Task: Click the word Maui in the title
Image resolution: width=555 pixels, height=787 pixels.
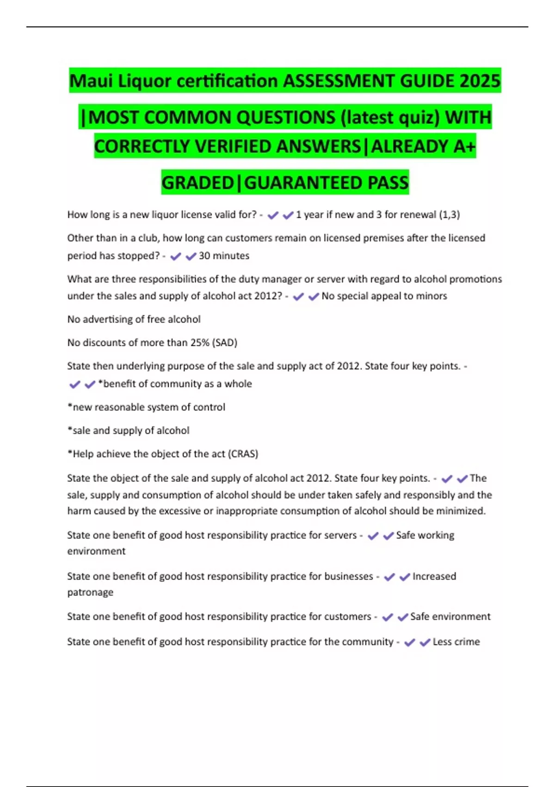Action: coord(91,81)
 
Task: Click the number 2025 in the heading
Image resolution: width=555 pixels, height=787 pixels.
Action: coord(480,81)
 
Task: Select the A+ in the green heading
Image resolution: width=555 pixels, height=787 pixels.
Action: coord(464,146)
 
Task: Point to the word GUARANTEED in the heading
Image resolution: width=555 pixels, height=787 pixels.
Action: coord(303,182)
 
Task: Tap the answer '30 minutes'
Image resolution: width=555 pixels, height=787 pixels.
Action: coord(224,256)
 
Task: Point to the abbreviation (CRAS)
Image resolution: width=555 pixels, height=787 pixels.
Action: coord(243,454)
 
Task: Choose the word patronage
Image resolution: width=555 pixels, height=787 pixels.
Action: coord(90,593)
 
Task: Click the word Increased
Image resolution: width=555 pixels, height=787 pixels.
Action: coord(434,576)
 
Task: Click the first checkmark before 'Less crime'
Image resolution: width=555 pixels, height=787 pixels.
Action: coord(409,642)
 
